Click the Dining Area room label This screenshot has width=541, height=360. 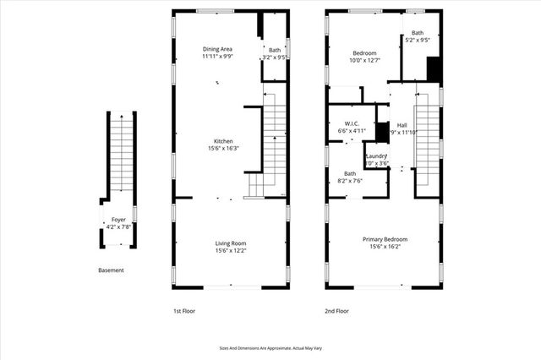(x=217, y=49)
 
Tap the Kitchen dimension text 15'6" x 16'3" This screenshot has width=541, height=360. (x=223, y=149)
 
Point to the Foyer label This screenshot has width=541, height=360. (x=118, y=220)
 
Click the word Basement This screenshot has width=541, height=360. (x=111, y=270)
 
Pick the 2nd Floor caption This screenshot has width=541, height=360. (x=337, y=311)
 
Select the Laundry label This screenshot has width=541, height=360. (x=376, y=155)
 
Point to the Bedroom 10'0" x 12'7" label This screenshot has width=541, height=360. (x=365, y=52)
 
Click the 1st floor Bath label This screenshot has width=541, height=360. (x=275, y=50)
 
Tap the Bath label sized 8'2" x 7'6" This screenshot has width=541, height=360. (x=350, y=173)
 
